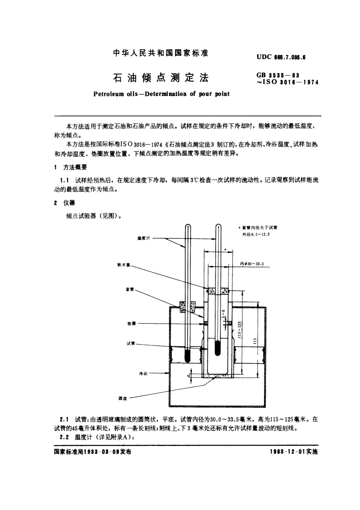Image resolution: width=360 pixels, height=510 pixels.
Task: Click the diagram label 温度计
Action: point(144,238)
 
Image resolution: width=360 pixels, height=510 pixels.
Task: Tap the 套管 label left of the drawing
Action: point(130,289)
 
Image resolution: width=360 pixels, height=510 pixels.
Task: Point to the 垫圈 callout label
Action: point(131,324)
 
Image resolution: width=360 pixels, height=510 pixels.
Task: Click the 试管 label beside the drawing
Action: point(130,344)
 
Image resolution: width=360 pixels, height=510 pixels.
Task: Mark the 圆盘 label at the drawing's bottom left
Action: point(122,398)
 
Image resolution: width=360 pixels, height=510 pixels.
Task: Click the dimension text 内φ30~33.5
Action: point(252,264)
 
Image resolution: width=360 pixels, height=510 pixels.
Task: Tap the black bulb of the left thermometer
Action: point(187,356)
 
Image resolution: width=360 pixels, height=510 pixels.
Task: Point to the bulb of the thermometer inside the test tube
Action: point(217,347)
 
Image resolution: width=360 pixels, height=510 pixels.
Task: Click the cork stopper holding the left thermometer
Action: point(187,306)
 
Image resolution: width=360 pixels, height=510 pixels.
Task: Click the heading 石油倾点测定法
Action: point(161,78)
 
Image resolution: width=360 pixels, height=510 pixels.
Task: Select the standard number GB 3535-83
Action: point(278,75)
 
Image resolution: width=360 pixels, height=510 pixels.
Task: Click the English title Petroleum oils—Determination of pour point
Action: point(161,94)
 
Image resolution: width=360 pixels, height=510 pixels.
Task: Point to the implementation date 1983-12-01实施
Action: point(294,452)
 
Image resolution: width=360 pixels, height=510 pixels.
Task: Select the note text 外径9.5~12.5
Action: point(256,234)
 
